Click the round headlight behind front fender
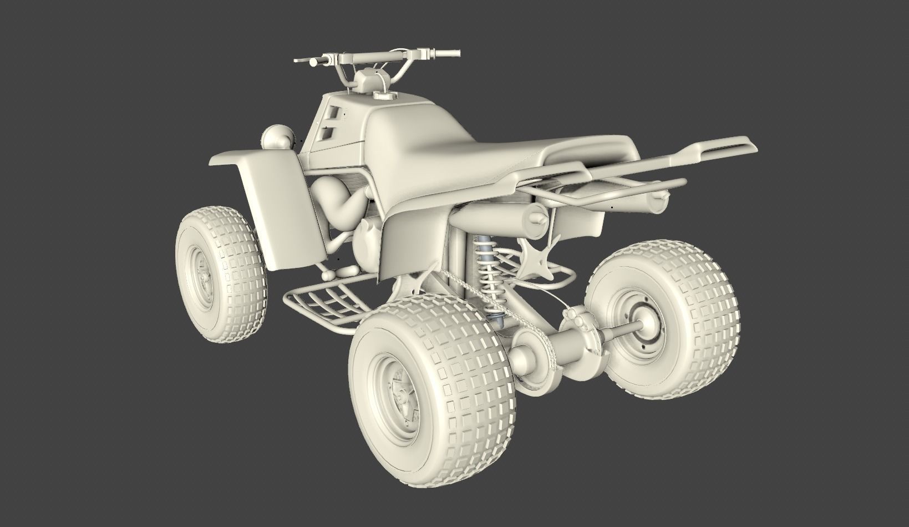point(278,138)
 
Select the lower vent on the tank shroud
point(328,133)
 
